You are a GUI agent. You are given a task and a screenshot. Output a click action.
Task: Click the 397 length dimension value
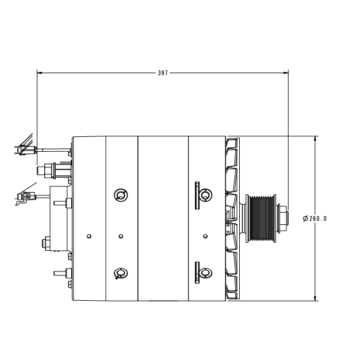click(163, 73)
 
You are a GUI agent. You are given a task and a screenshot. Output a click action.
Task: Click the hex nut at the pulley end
click(282, 219)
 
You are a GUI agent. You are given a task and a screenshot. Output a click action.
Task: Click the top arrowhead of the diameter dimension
click(315, 139)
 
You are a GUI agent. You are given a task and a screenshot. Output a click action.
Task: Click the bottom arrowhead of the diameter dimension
click(315, 298)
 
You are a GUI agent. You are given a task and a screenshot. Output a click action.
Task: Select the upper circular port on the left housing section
click(121, 196)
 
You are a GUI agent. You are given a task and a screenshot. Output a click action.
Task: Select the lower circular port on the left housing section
click(121, 273)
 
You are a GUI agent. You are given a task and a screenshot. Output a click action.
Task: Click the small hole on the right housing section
click(205, 235)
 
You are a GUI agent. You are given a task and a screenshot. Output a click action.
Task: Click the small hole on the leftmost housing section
click(88, 235)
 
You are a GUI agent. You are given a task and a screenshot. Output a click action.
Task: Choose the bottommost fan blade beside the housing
click(232, 294)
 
